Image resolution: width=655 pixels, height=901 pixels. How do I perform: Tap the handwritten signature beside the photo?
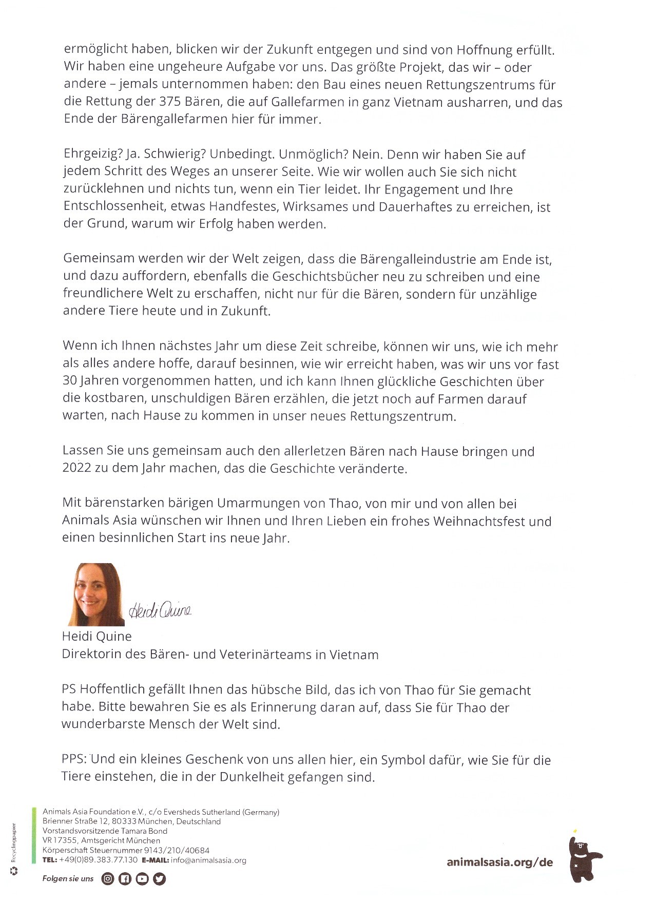[x=160, y=609]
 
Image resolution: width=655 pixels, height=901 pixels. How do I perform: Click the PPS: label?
[x=74, y=759]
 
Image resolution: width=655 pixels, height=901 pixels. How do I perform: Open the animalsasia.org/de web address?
[x=499, y=862]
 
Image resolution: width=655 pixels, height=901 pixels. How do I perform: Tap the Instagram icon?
[x=107, y=879]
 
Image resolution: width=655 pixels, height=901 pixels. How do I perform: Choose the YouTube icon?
[x=142, y=879]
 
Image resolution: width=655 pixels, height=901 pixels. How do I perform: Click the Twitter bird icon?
[x=160, y=879]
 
